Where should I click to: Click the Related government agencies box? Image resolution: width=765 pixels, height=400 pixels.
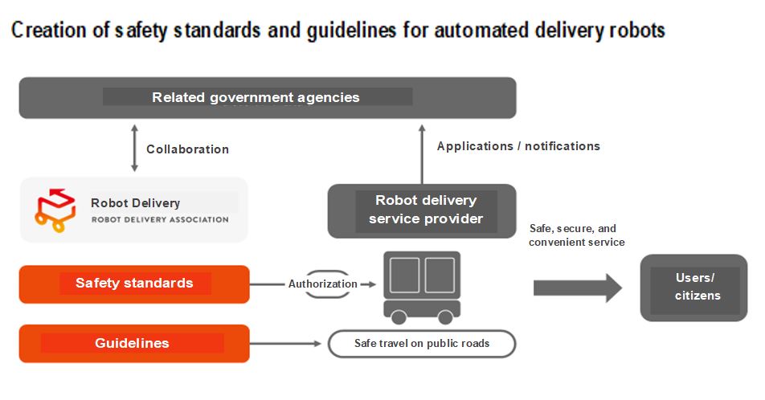(268, 97)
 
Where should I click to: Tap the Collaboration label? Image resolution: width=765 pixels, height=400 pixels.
(187, 149)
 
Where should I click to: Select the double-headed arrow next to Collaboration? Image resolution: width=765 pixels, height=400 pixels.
(135, 148)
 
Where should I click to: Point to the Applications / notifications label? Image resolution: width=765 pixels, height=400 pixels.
(518, 146)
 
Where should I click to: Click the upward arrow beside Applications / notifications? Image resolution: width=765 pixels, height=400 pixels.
(422, 153)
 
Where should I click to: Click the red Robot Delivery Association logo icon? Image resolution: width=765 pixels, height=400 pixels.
(55, 210)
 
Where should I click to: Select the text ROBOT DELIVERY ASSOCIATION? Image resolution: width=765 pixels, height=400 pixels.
(160, 219)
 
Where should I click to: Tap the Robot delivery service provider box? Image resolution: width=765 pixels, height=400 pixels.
(422, 210)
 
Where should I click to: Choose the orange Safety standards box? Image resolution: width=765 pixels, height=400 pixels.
(134, 284)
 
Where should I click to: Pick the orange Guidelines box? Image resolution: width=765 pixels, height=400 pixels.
(134, 344)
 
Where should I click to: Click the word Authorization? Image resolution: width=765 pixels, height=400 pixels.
(322, 284)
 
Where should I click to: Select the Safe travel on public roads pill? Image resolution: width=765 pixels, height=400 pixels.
(422, 344)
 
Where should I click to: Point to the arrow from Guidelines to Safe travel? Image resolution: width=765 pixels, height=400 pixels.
(285, 344)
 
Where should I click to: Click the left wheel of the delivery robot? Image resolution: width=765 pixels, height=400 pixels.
(399, 317)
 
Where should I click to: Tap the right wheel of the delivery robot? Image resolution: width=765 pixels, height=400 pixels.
(445, 317)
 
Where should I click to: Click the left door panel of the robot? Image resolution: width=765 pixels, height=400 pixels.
(404, 276)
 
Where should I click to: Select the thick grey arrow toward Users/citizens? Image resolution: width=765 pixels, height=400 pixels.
(578, 288)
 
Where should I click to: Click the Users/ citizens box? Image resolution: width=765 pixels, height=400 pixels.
(693, 288)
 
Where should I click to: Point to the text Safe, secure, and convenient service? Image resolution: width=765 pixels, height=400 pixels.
(577, 235)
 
